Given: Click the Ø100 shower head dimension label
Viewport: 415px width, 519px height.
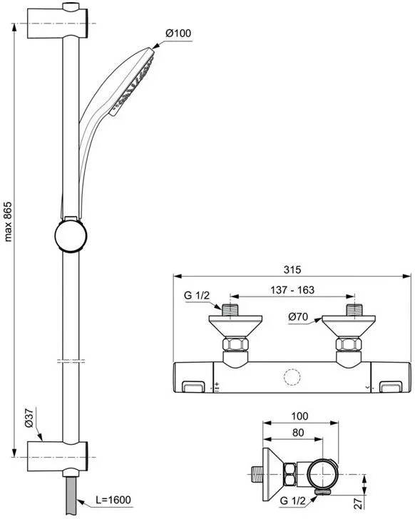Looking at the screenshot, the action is pos(178,33).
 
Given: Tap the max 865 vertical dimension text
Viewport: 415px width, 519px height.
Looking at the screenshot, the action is pos(8,222).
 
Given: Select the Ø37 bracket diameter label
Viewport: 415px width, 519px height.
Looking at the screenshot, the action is pos(29,418).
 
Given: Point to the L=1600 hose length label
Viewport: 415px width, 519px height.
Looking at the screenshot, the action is pos(113,500).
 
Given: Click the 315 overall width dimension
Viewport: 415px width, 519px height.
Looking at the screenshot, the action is pos(292,269).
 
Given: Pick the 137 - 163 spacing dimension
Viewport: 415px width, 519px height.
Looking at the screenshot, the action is pos(292,290).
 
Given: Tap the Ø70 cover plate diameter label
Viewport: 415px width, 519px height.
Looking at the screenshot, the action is pos(298,317).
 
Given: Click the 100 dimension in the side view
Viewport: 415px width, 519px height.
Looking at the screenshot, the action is pos(299,416).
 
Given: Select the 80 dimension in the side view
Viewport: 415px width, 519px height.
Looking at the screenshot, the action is pos(298,433).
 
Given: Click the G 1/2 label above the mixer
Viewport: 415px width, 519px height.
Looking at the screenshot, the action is pos(197,295).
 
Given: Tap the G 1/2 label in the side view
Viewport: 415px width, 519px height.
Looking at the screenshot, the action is pos(292,500).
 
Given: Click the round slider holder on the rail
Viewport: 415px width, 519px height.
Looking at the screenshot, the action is pos(71,235).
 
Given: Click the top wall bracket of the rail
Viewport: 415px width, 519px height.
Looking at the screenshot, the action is pos(58,23).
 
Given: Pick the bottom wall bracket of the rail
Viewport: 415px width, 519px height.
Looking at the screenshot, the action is pos(58,456).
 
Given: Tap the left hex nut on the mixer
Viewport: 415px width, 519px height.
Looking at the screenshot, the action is pos(235,344).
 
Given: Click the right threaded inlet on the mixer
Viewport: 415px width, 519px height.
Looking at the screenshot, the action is pos(355,310).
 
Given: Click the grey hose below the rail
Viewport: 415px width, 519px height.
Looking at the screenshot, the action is pos(71,495).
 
